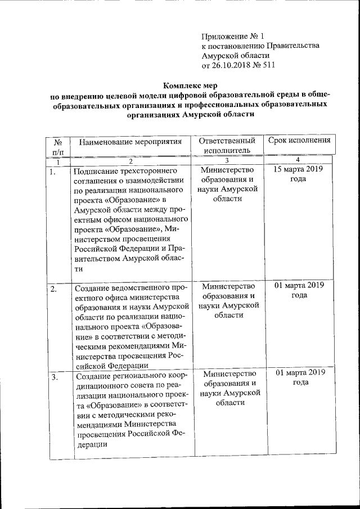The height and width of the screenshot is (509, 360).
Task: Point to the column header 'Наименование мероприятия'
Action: tap(131, 141)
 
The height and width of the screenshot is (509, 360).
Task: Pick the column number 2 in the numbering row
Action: tap(130, 161)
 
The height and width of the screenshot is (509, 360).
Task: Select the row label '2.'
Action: tap(53, 289)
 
